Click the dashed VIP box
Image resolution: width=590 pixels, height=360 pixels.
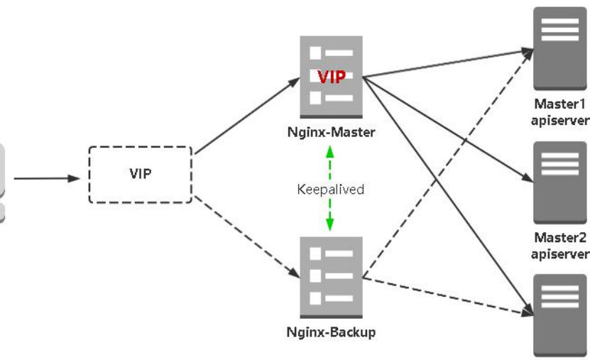pyautogui.click(x=141, y=175)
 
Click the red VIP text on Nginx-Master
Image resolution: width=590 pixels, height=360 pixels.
pyautogui.click(x=332, y=77)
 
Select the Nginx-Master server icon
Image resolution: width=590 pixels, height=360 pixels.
pyautogui.click(x=332, y=78)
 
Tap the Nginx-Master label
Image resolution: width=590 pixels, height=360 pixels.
pyautogui.click(x=332, y=131)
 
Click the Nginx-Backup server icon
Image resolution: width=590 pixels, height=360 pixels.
pyautogui.click(x=332, y=277)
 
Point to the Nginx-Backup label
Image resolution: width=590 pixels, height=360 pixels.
pyautogui.click(x=331, y=332)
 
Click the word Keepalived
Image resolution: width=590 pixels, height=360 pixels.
pyautogui.click(x=331, y=190)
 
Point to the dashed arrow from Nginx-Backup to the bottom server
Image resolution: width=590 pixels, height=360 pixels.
pyautogui.click(x=447, y=295)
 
